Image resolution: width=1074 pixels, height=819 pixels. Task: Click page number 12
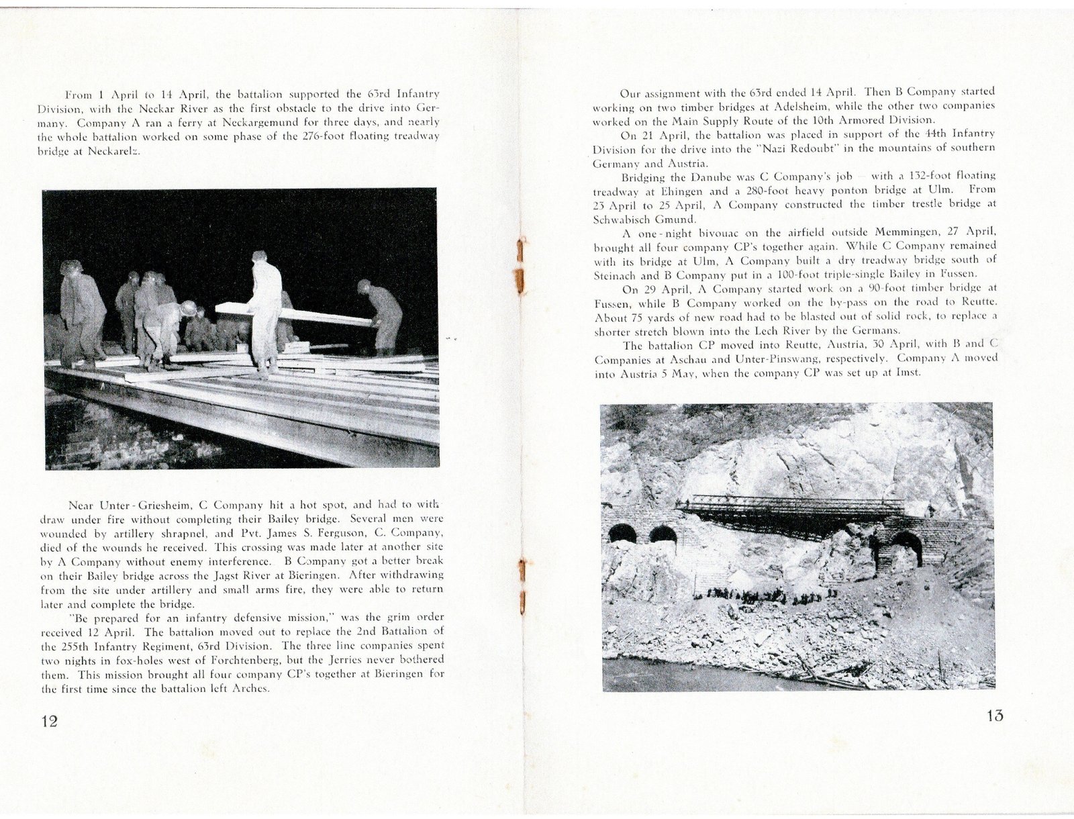[50, 721]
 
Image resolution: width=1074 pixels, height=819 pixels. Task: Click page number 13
[995, 716]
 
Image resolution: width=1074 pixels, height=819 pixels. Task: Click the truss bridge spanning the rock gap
[792, 514]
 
